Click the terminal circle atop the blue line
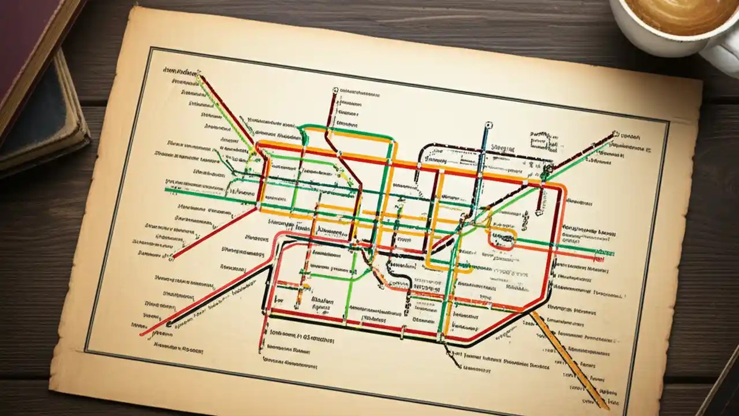(x=488, y=125)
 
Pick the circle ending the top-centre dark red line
(x=335, y=91)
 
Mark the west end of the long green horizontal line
(x=166, y=190)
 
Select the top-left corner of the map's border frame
(x=151, y=49)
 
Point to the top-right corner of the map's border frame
(x=668, y=122)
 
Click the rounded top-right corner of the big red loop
(x=561, y=187)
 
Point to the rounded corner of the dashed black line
(x=427, y=148)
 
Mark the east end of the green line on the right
(x=612, y=253)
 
